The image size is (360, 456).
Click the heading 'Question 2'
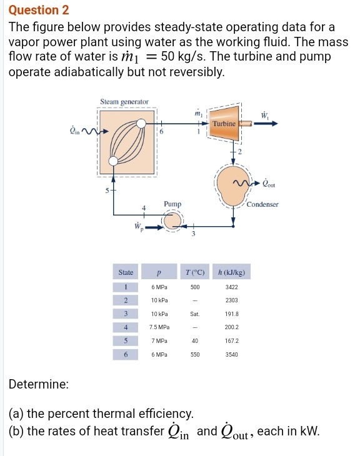click(39, 11)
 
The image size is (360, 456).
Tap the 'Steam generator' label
click(124, 102)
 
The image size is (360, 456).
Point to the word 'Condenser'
click(262, 204)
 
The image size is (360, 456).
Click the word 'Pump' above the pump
click(172, 204)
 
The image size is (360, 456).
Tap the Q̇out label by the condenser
click(269, 184)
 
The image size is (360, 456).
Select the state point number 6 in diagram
click(161, 133)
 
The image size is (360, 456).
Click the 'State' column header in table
click(126, 272)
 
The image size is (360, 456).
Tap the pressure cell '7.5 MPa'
click(160, 327)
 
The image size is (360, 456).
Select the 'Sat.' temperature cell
click(195, 314)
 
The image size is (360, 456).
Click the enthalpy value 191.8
click(232, 314)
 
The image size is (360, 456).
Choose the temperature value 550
click(195, 354)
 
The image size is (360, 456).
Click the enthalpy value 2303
click(232, 300)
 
